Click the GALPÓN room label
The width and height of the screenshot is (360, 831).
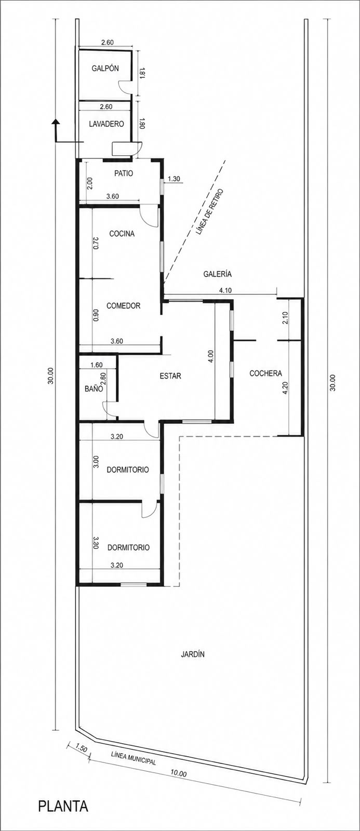105,68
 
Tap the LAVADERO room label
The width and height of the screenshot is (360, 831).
106,124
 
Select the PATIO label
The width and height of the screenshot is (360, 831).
124,173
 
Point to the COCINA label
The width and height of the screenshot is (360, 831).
122,234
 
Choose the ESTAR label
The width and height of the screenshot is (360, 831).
170,376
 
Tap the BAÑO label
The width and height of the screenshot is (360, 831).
94,388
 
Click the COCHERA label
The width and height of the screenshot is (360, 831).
266,373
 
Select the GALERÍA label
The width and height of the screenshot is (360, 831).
218,274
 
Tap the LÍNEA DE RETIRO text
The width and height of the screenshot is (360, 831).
209,212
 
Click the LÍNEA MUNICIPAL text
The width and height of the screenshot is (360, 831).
134,756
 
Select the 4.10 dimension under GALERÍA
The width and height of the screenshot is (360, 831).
225,290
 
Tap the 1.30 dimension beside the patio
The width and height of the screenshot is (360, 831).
174,179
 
